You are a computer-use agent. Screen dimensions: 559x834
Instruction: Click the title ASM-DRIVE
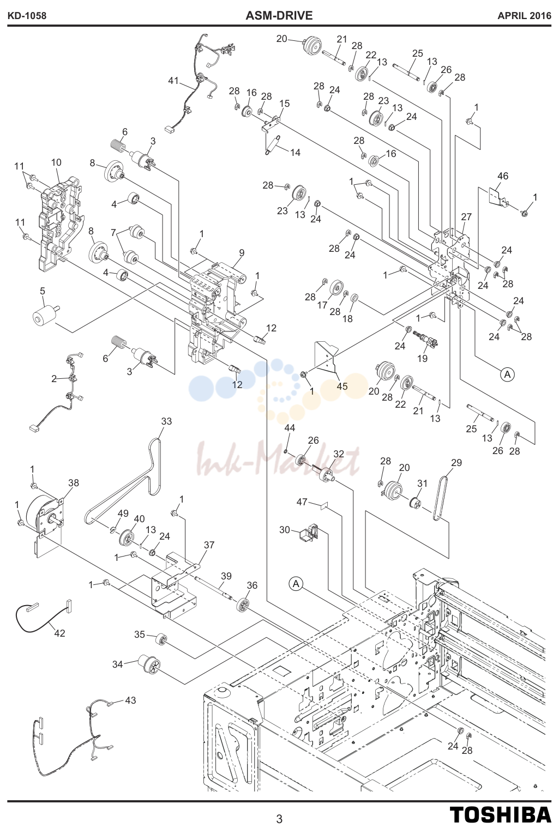(x=279, y=16)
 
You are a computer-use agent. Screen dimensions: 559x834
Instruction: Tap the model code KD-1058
(x=27, y=16)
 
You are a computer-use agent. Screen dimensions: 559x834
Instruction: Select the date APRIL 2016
(x=524, y=16)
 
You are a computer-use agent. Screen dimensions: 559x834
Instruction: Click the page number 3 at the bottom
(x=279, y=819)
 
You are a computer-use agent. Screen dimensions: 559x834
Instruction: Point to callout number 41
(x=173, y=81)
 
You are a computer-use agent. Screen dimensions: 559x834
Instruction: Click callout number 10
(x=56, y=162)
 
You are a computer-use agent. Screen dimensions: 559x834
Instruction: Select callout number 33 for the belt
(x=166, y=421)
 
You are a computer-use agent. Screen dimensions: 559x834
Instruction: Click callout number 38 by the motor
(x=74, y=482)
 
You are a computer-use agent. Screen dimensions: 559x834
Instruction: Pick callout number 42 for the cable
(x=59, y=633)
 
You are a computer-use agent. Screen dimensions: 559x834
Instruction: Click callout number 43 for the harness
(x=130, y=700)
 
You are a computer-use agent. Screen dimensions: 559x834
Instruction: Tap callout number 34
(x=118, y=664)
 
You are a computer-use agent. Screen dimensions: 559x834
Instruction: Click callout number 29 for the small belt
(x=456, y=462)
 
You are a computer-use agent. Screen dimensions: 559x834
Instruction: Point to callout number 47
(x=302, y=502)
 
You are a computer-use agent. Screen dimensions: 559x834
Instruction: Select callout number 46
(x=503, y=176)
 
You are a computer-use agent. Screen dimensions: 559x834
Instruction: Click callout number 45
(x=342, y=386)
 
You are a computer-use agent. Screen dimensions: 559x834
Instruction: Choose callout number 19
(x=422, y=358)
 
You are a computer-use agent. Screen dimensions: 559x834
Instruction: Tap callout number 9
(x=242, y=253)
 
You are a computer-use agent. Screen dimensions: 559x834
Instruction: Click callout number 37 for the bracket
(x=209, y=545)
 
